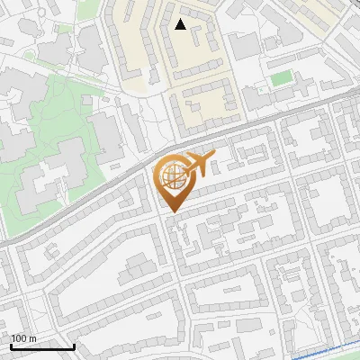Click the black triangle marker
(x=180, y=24)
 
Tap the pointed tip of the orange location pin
(x=171, y=211)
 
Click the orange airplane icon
(x=199, y=166)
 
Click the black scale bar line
(x=42, y=346)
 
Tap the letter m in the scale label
(x=33, y=338)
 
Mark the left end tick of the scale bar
(x=11, y=345)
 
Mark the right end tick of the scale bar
(x=74, y=345)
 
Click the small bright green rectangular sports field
(x=282, y=78)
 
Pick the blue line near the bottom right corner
(x=324, y=349)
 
